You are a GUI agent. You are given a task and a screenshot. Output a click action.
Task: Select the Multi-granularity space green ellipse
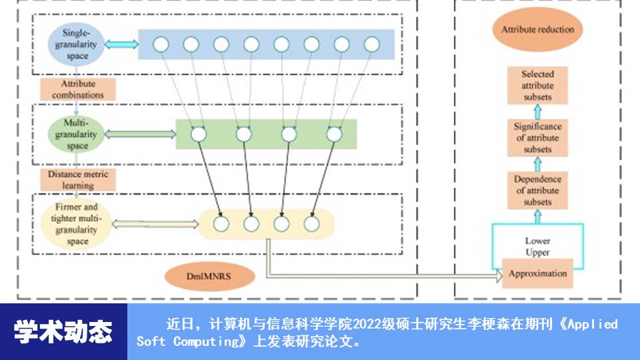coord(77,134)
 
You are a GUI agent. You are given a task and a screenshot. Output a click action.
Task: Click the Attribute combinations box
coord(78,89)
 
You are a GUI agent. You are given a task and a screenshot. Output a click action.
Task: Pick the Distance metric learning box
coord(78,179)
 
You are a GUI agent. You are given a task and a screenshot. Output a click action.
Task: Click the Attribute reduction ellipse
coord(537,30)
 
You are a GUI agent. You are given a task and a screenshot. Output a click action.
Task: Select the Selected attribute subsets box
coord(537,85)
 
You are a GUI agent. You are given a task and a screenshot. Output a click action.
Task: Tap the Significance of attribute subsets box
coord(537,138)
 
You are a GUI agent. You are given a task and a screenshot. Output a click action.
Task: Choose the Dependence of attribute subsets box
coord(537,190)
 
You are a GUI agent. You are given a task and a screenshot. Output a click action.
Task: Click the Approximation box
coord(537,273)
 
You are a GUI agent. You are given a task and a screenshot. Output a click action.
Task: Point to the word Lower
coord(537,241)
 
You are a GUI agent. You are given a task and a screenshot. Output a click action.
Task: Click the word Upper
coord(537,253)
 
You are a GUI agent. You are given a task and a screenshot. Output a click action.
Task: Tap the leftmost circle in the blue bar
coord(160,45)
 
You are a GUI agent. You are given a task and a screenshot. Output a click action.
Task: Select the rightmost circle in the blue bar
coord(372,45)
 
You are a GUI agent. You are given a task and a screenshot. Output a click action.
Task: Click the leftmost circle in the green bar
coord(198,134)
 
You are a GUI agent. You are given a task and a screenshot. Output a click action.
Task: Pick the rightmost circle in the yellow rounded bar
coord(311,224)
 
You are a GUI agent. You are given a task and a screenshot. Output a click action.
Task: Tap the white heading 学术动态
coord(63,331)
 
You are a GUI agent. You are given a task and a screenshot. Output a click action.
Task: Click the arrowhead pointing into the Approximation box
coord(499,275)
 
